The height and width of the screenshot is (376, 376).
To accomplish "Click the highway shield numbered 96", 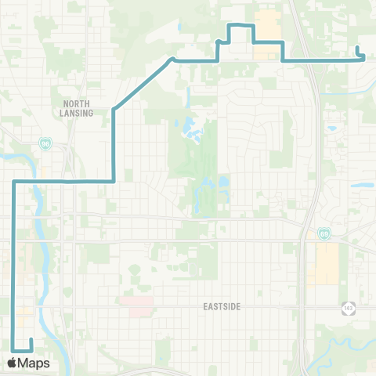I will pos(45,144).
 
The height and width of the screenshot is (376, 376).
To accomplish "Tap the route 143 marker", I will pos(347,308).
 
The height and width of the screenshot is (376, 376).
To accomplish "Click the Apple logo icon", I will pos(12,363).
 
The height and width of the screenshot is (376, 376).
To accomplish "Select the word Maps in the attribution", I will pos(34,363).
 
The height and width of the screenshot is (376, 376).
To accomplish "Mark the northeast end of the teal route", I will pos(357,49).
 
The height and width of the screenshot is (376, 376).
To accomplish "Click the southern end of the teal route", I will pos(31,339).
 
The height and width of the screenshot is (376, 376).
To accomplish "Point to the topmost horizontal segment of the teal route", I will pos(240,25).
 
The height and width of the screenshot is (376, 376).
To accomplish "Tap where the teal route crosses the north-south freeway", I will pos(311,59).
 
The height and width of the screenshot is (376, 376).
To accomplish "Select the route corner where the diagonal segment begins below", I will pos(114,107).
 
